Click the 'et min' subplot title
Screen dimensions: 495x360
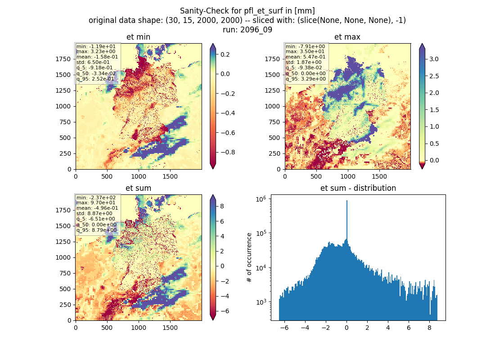(138, 37)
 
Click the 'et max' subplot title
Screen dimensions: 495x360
(347, 37)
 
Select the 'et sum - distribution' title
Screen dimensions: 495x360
(358, 188)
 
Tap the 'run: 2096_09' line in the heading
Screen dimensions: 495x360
(247, 30)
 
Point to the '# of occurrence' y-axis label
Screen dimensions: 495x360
(249, 258)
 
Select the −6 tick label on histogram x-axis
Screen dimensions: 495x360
(284, 328)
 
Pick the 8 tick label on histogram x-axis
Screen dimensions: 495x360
(429, 328)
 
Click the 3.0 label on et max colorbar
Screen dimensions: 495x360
(434, 59)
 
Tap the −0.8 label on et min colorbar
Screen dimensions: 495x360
(227, 152)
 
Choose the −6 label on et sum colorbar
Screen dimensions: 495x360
(224, 311)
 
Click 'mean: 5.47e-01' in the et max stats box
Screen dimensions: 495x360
(305, 57)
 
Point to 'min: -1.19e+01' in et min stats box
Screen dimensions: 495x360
(96, 46)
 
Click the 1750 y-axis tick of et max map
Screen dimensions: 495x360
(272, 59)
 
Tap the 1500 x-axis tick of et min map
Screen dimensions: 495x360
(170, 176)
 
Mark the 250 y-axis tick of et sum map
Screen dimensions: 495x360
(65, 305)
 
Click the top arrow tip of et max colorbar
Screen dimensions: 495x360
(422, 44)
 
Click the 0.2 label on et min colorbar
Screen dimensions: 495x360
(225, 54)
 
